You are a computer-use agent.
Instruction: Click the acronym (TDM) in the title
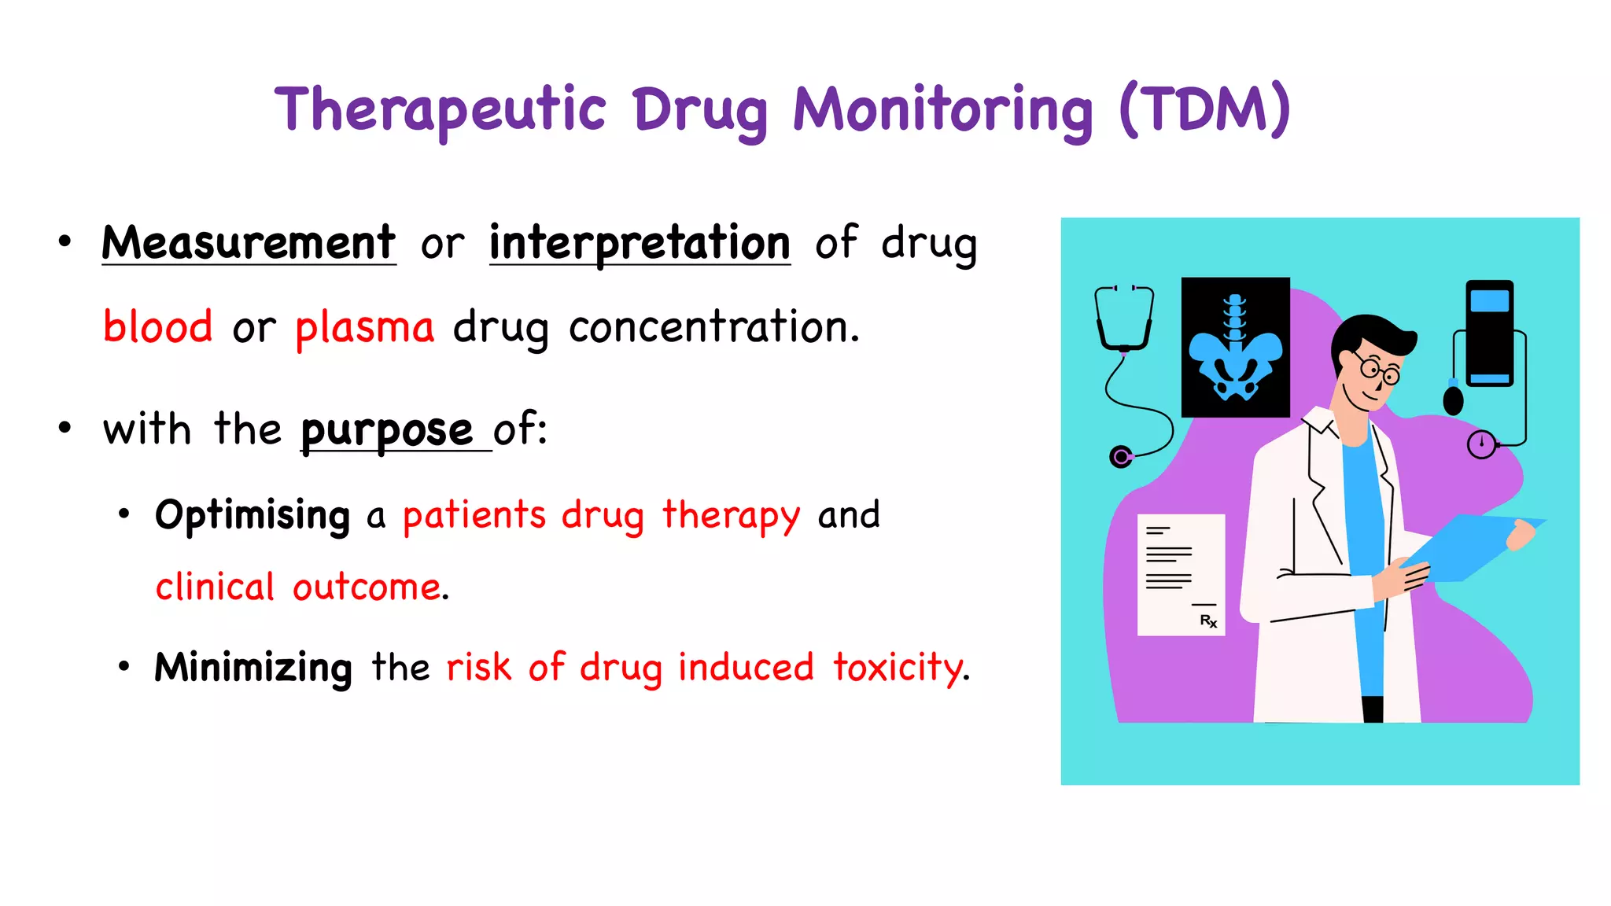(1204, 109)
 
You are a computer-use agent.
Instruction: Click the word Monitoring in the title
(942, 110)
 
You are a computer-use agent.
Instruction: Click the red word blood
(158, 326)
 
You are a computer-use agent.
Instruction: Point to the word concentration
(713, 326)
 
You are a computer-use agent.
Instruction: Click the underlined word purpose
(387, 430)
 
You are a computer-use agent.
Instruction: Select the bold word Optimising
(253, 516)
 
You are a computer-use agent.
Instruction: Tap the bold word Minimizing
(253, 667)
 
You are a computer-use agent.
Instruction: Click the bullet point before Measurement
(65, 241)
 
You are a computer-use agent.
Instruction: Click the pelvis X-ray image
(1235, 347)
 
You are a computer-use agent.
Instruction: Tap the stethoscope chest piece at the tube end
(1120, 456)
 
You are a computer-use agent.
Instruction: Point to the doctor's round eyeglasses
(1377, 370)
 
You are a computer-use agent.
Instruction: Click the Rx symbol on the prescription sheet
(1208, 621)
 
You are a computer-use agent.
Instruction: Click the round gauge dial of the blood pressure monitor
(1481, 444)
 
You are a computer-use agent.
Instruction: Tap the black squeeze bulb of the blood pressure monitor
(1453, 400)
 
